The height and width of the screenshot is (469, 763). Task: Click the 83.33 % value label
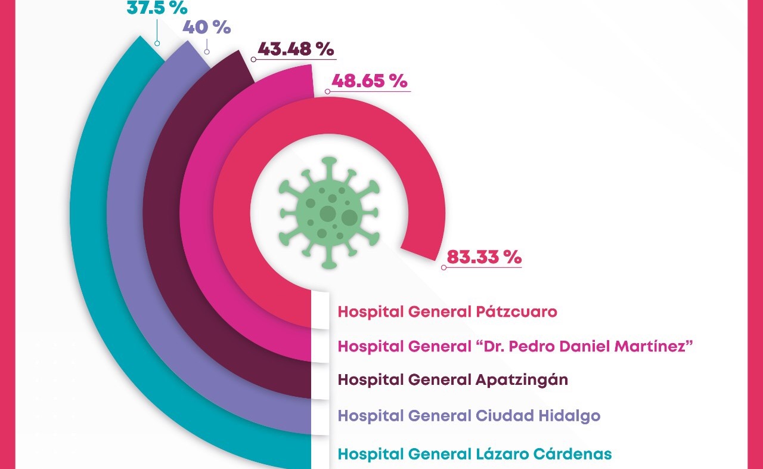[484, 257]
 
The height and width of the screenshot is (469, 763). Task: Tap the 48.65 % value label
[366, 81]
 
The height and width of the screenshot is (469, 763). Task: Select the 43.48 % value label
[296, 49]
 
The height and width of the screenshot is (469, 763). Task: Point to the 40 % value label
[206, 27]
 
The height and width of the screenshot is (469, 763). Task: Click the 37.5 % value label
[157, 8]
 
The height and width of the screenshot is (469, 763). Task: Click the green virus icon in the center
[328, 212]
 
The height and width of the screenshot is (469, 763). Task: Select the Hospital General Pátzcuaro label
[447, 311]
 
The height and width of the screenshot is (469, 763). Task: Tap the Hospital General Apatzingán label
[452, 379]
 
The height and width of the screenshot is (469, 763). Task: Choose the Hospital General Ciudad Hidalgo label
[469, 415]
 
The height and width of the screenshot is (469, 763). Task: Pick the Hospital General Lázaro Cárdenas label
[474, 454]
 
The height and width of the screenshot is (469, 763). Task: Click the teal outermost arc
[89, 239]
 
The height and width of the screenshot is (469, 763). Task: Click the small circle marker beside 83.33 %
[443, 268]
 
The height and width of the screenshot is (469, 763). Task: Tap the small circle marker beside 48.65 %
[327, 91]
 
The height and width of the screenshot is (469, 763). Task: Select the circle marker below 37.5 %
[157, 43]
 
